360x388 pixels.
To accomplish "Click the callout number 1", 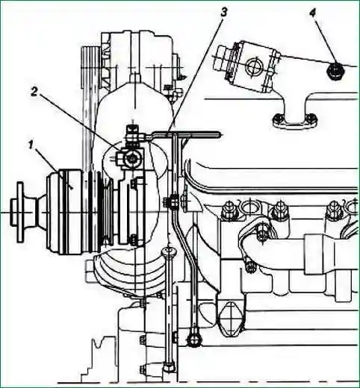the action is click(31, 145).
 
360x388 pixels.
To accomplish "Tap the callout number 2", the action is click(34, 93).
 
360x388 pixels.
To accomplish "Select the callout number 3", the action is click(224, 12).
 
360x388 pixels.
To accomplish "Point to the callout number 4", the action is click(313, 13).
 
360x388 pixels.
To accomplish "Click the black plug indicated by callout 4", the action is click(335, 71).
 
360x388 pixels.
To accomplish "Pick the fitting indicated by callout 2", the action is click(131, 158).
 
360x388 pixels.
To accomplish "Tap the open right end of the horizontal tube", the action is click(219, 134).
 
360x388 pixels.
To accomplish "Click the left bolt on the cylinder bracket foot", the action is click(277, 117).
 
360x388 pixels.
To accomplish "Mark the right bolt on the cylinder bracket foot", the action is click(311, 117).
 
